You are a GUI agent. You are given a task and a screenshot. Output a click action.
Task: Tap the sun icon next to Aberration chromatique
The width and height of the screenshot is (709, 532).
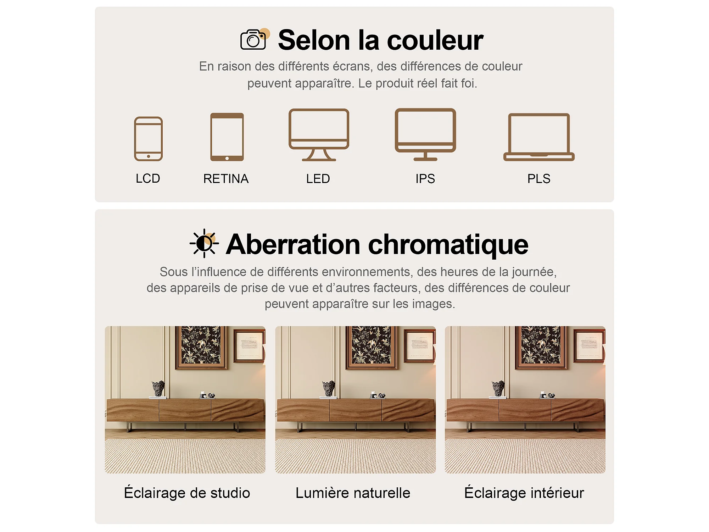(x=204, y=243)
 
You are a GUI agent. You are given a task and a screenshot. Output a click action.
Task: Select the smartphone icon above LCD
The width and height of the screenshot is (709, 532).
(x=148, y=139)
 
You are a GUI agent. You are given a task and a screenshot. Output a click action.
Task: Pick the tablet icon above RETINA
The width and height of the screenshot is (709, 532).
(x=227, y=137)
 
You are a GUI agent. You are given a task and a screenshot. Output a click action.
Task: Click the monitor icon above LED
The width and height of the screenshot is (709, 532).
(x=319, y=135)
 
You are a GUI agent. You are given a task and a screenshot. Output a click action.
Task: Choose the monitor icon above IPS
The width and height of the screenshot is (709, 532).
(x=425, y=134)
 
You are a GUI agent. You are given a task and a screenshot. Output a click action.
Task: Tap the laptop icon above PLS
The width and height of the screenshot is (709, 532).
(x=539, y=137)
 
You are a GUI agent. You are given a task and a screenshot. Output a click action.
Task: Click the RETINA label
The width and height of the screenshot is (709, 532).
(x=226, y=179)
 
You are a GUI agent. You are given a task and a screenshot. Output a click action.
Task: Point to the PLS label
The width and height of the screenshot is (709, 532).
(x=539, y=179)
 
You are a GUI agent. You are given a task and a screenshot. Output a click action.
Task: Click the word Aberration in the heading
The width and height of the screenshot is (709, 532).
(x=293, y=244)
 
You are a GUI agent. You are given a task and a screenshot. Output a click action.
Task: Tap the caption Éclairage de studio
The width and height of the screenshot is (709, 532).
(x=187, y=493)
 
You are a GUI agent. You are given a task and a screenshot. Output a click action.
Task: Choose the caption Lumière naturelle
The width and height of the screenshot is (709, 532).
(x=353, y=493)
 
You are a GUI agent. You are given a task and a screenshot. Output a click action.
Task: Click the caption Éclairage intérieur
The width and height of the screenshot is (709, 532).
(x=524, y=493)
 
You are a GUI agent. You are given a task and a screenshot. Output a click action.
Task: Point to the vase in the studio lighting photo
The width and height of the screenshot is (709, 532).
(x=158, y=388)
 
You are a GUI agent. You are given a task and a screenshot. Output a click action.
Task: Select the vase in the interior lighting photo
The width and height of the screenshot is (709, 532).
(x=498, y=388)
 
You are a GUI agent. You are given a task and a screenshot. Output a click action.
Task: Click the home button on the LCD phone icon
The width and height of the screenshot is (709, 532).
(x=149, y=156)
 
